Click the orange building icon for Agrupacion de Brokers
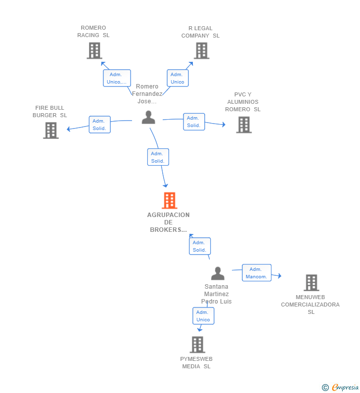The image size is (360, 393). point(170,200)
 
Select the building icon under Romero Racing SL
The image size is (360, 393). point(94,50)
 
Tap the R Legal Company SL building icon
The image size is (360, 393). point(202,50)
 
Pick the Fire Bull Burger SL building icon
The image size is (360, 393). point(51,131)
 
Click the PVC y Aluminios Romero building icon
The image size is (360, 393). point(244,125)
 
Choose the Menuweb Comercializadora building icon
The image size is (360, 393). point(312,282)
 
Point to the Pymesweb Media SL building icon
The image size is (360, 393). point(197,345)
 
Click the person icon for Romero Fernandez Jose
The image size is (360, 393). point(148,117)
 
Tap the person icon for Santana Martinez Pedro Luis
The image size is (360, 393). point(218,273)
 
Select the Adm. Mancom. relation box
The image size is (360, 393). point(257,273)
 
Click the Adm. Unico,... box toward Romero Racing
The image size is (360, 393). point(117,78)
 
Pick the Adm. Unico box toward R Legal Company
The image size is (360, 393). point(178,78)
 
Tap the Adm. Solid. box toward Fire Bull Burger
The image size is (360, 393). point(100,125)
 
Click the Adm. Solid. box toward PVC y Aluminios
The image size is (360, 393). point(194,122)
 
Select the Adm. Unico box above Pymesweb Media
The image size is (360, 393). point(203,316)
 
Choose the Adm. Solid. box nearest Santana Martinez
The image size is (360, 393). point(200,246)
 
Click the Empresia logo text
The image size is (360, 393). point(345,387)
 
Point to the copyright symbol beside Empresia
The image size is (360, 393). point(325,388)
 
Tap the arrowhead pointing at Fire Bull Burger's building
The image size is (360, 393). point(68,129)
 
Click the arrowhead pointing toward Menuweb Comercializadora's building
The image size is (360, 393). point(279,276)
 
